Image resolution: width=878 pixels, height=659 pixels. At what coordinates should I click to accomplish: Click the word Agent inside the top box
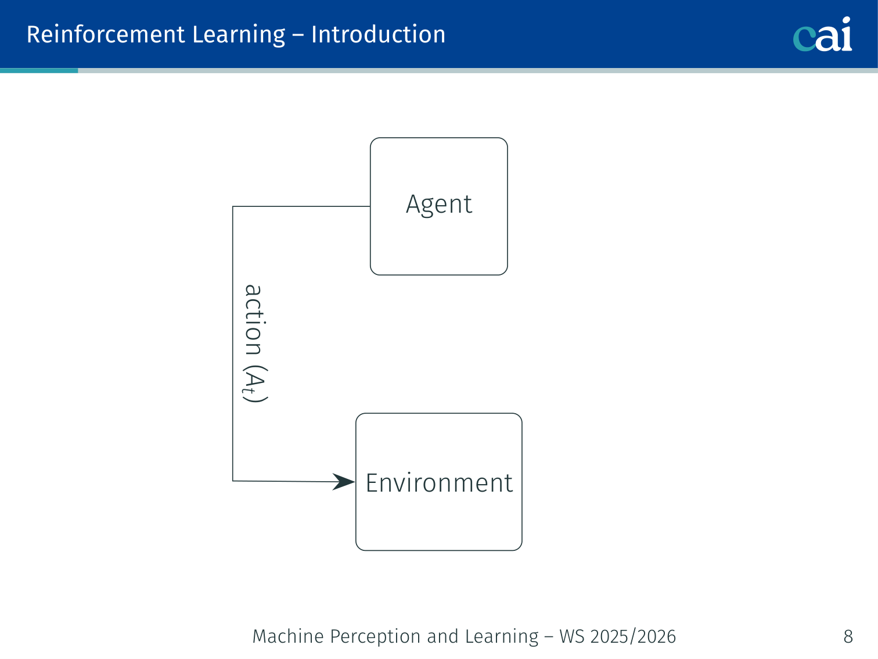439,205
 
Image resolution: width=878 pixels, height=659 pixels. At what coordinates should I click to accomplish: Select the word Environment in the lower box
439,482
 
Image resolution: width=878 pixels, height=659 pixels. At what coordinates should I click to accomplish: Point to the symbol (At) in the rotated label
255,384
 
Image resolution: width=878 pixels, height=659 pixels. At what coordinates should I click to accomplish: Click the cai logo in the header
822,34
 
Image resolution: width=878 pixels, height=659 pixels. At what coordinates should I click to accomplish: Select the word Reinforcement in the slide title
106,34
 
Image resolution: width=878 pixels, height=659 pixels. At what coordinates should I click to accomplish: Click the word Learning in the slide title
239,35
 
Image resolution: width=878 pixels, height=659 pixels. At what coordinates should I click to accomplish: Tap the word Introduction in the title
378,34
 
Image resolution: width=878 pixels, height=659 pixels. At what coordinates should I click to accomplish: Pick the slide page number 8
848,636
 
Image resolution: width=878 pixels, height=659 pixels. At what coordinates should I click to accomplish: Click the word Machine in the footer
288,636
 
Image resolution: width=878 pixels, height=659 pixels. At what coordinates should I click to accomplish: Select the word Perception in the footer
375,637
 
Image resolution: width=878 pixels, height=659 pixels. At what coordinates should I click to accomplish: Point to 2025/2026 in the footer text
633,636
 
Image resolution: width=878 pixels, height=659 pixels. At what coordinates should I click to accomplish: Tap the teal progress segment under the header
39,70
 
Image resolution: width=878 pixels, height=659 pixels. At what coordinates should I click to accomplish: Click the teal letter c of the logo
804,39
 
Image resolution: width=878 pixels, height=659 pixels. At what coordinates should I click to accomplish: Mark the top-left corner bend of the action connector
233,206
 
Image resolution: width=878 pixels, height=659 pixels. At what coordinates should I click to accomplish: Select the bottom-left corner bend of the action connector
233,481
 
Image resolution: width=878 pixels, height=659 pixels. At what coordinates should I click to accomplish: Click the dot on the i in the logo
845,20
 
